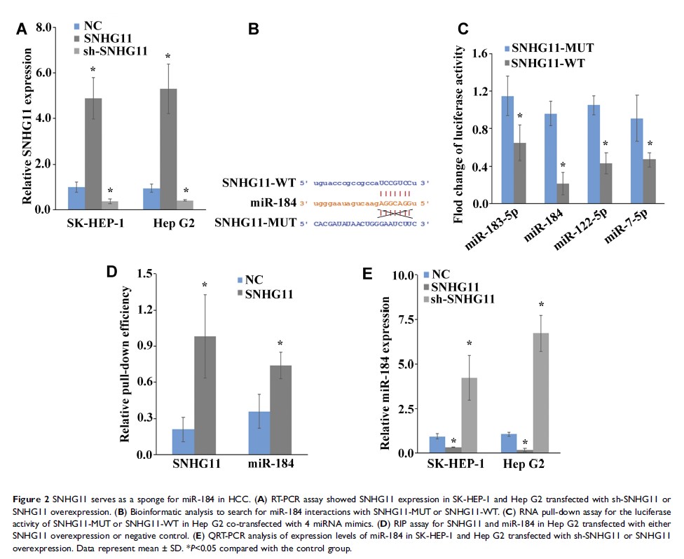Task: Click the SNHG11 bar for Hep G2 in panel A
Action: point(168,149)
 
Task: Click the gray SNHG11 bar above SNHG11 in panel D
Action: point(205,395)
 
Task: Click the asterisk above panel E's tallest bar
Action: point(541,305)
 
